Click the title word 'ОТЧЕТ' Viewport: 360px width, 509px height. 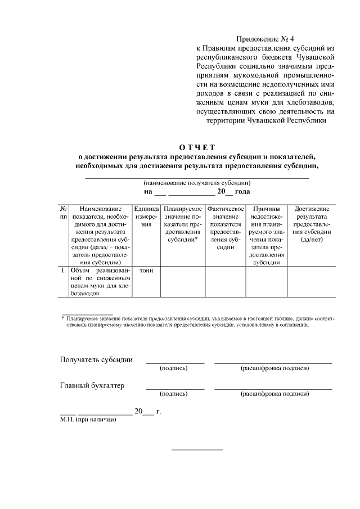tap(196, 147)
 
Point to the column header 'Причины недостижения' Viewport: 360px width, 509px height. tap(267, 235)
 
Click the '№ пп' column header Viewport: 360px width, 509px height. tap(63, 213)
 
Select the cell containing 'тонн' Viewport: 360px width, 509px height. tap(146, 271)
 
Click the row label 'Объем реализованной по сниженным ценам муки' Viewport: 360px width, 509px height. tap(97, 281)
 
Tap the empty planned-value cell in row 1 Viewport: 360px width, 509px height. tap(183, 281)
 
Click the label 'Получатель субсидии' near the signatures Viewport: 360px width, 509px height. tap(96, 360)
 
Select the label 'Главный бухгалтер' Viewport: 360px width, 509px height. tap(92, 385)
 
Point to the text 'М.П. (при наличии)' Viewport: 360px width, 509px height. tap(88, 420)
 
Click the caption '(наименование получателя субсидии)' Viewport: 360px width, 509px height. tap(196, 183)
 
